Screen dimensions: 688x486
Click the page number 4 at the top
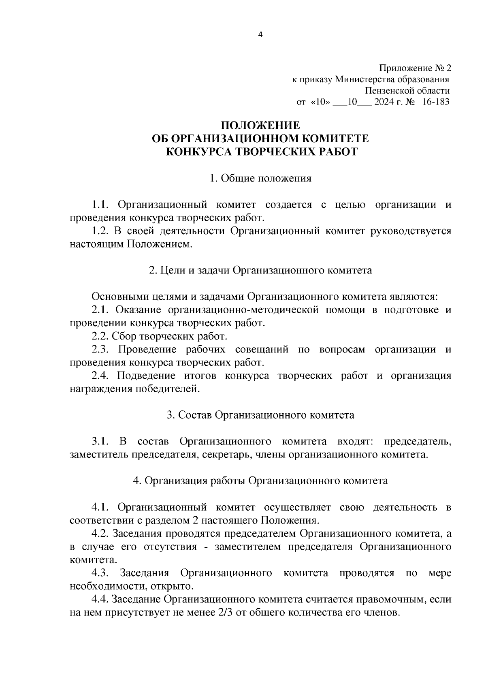260,35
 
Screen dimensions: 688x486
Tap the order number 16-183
435,102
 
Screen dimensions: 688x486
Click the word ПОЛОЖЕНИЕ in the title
260,125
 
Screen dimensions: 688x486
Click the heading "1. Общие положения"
260,178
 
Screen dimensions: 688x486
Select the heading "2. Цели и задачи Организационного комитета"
260,270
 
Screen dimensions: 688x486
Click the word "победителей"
174,389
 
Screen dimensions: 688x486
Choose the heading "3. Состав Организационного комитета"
260,415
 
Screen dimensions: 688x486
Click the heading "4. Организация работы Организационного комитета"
260,481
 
